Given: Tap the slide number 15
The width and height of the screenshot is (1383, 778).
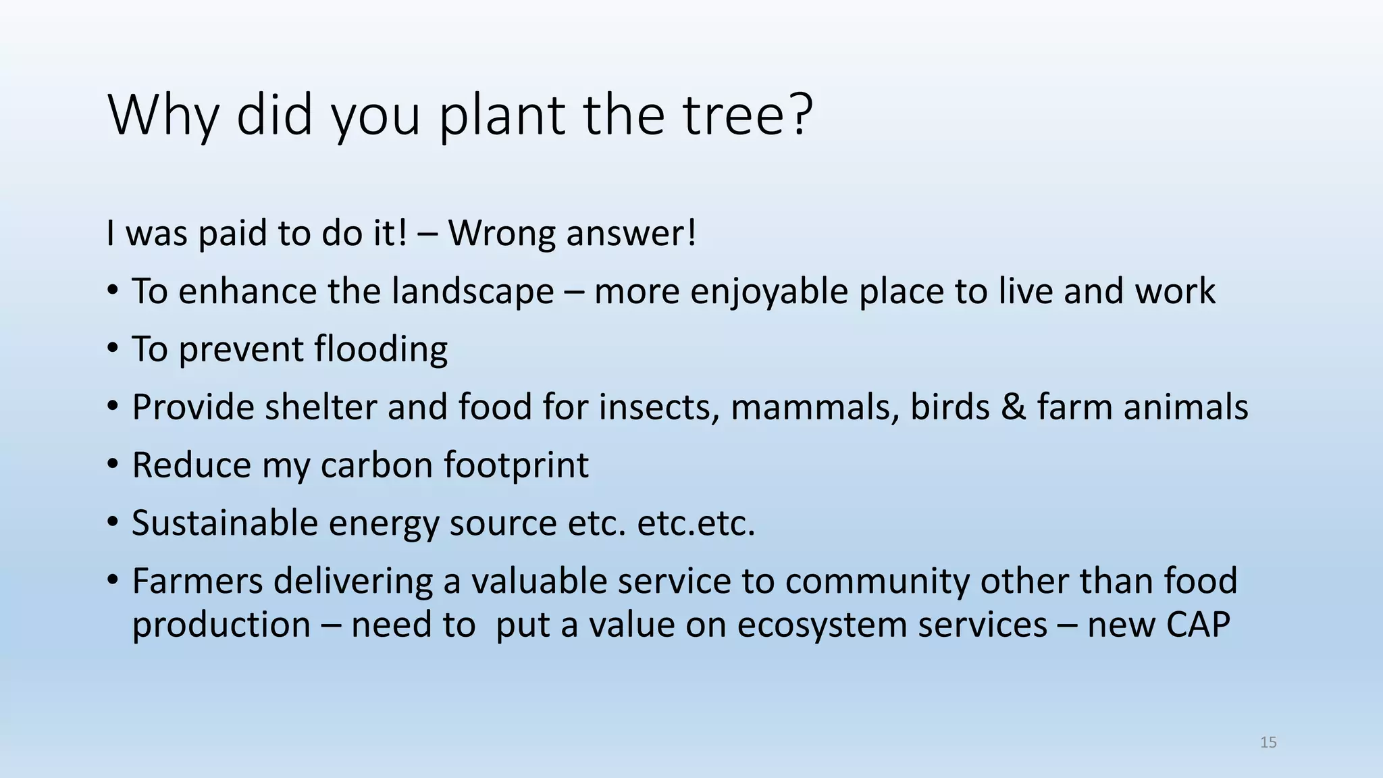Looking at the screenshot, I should pyautogui.click(x=1268, y=742).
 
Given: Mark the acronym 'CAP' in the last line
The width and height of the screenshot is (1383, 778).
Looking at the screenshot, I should pyautogui.click(x=1197, y=625).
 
